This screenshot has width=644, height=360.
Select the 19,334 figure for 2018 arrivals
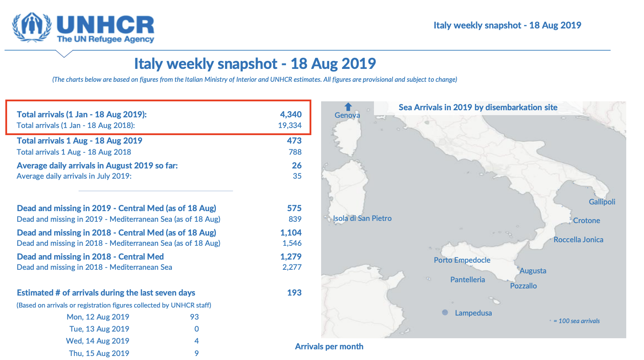290,125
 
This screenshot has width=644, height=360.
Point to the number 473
294,141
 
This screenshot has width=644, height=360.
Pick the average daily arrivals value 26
297,166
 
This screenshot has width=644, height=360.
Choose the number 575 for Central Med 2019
294,208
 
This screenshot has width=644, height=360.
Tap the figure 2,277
292,267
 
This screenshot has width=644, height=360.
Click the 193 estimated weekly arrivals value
294,293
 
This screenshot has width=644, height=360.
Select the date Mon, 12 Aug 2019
98,317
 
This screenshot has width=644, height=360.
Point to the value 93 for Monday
194,317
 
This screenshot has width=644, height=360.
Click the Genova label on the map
347,116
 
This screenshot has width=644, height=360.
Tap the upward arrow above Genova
348,107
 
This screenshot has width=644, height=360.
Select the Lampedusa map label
473,313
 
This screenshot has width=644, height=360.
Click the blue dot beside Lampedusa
445,312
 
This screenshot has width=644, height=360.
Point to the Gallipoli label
602,202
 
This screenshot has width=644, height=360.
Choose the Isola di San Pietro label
362,218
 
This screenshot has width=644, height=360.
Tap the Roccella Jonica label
578,240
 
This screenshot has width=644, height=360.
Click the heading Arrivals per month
329,346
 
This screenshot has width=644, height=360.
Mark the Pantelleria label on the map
467,280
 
